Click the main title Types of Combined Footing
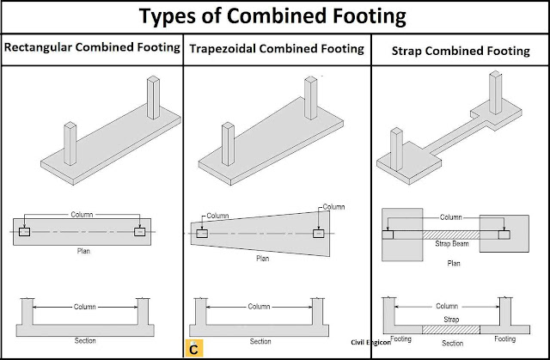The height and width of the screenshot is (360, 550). (x=275, y=17)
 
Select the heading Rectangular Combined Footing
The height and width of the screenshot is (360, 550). (x=93, y=49)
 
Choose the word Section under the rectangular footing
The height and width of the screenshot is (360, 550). (x=84, y=341)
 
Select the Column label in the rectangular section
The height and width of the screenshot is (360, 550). (x=84, y=307)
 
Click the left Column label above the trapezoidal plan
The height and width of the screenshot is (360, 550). (x=218, y=216)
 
